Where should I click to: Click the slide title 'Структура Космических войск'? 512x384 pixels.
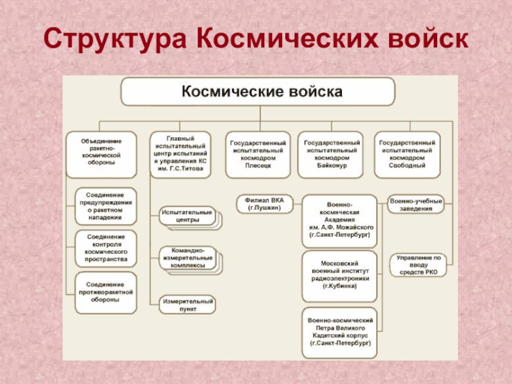[255, 40]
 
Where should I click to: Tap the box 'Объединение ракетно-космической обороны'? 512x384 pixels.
[102, 154]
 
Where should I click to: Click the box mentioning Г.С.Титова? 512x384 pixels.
[180, 154]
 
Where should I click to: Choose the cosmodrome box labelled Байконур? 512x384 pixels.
[330, 154]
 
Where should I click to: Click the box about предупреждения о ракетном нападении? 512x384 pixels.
[106, 205]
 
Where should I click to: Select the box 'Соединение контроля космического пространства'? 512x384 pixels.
[106, 248]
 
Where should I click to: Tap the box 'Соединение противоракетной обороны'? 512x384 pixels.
[106, 292]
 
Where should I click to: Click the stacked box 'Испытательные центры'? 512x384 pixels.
[188, 216]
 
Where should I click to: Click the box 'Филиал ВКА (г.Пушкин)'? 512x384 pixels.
[264, 204]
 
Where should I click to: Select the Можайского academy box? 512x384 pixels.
[340, 221]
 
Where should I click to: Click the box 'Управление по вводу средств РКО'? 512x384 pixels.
[419, 264]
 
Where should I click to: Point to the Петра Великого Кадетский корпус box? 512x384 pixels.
[340, 332]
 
